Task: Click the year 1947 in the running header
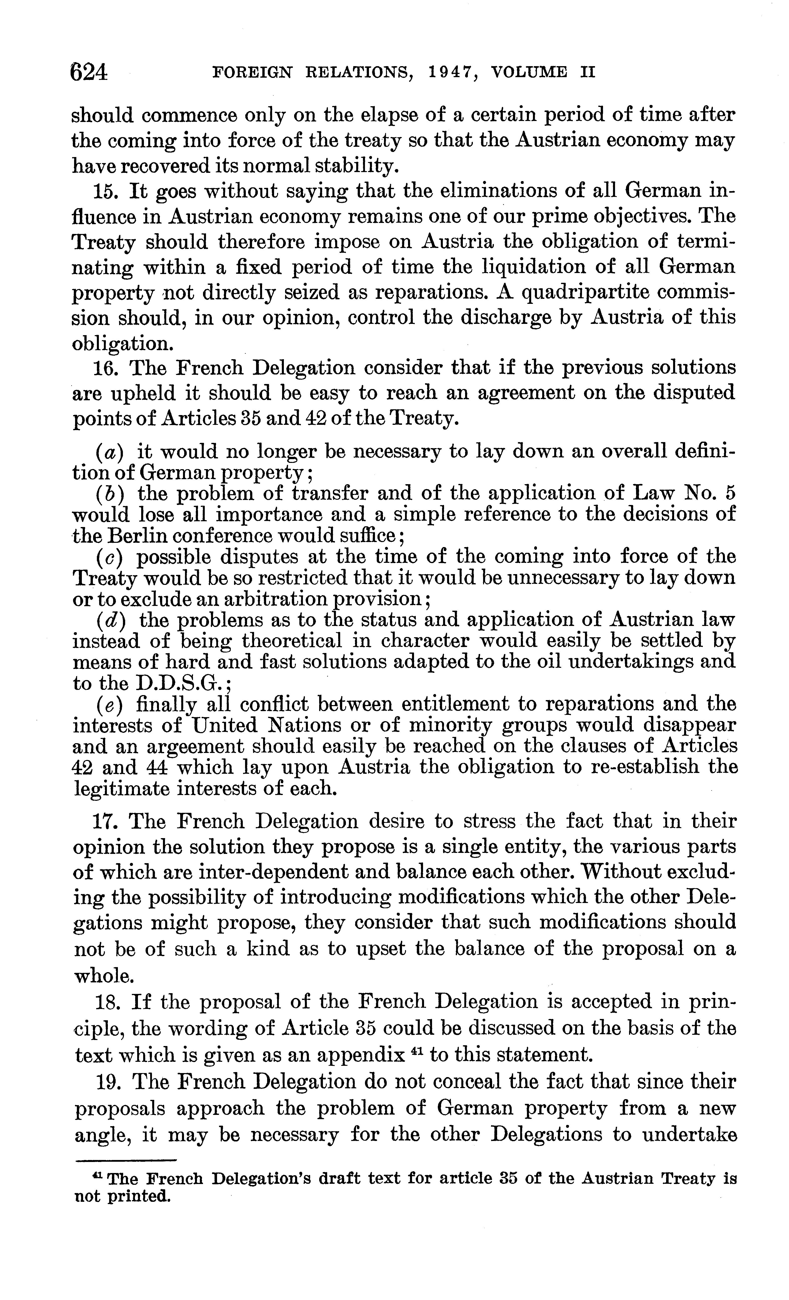[x=452, y=72]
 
